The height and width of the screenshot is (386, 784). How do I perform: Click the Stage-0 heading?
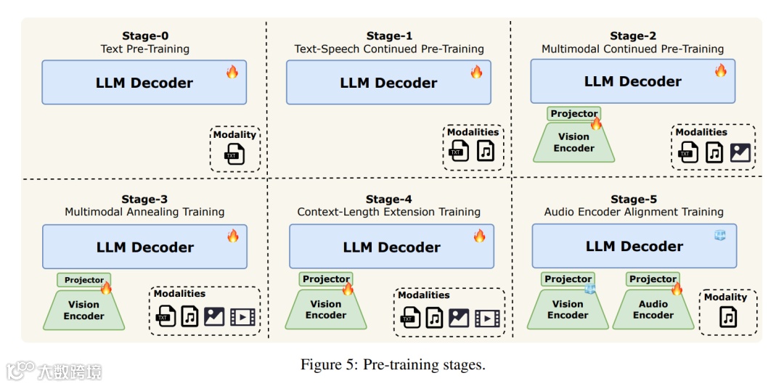pyautogui.click(x=145, y=36)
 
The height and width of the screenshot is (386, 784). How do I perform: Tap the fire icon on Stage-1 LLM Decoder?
pyautogui.click(x=476, y=72)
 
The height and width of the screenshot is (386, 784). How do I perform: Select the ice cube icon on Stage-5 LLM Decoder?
pyautogui.click(x=720, y=234)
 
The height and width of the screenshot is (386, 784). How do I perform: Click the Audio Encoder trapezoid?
pyautogui.click(x=653, y=309)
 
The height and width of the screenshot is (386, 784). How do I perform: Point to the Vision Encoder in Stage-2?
pyautogui.click(x=573, y=142)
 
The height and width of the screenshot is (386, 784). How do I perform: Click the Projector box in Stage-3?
pyautogui.click(x=84, y=280)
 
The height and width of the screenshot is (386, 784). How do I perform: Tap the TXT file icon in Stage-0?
pyautogui.click(x=234, y=154)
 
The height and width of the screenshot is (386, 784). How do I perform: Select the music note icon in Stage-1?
pyautogui.click(x=485, y=151)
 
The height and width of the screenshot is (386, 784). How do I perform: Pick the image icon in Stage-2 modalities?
pyautogui.click(x=740, y=152)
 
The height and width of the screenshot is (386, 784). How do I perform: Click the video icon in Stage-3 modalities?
pyautogui.click(x=242, y=317)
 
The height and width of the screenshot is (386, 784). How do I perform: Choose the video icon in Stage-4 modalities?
pyautogui.click(x=487, y=317)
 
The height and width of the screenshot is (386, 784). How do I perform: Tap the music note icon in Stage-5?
pyautogui.click(x=728, y=317)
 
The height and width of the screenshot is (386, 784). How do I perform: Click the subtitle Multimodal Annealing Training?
pyautogui.click(x=144, y=212)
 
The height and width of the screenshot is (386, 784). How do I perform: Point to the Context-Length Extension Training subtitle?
pyautogui.click(x=389, y=212)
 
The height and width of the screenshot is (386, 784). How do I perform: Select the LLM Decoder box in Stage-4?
pyautogui.click(x=391, y=246)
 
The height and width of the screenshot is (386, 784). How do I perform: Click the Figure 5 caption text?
pyautogui.click(x=393, y=364)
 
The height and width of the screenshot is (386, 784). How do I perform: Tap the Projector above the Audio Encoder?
pyautogui.click(x=652, y=279)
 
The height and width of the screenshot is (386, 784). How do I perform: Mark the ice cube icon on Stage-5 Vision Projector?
pyautogui.click(x=590, y=288)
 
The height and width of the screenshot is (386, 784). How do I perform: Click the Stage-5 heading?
pyautogui.click(x=633, y=200)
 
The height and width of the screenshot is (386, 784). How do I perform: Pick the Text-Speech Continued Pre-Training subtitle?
pyautogui.click(x=389, y=49)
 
